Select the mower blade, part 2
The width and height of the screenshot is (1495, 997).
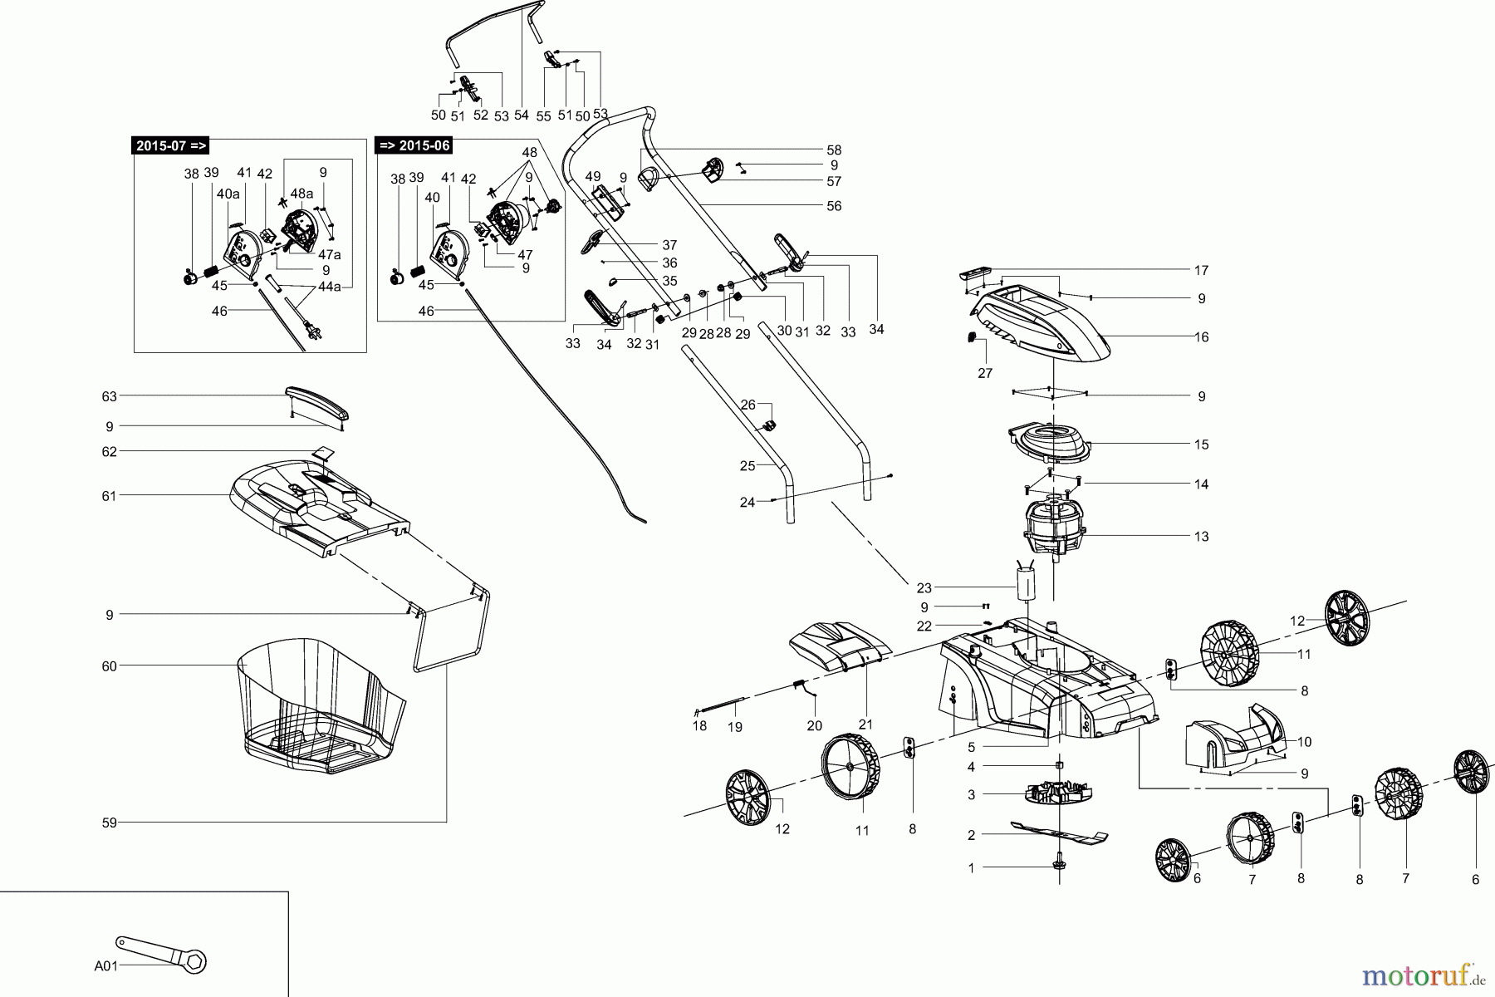click(x=1059, y=833)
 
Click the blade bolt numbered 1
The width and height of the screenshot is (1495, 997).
click(x=1060, y=866)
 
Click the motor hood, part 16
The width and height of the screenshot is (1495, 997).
click(x=1042, y=324)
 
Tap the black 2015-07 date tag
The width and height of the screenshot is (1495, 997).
click(x=171, y=146)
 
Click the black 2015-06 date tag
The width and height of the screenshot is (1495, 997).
click(x=414, y=146)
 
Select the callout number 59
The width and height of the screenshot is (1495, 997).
click(x=109, y=823)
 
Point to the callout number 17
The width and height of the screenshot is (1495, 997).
click(x=1201, y=270)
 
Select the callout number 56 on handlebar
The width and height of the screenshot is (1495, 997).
click(x=834, y=206)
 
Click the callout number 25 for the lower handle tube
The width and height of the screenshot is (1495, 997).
click(x=747, y=466)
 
